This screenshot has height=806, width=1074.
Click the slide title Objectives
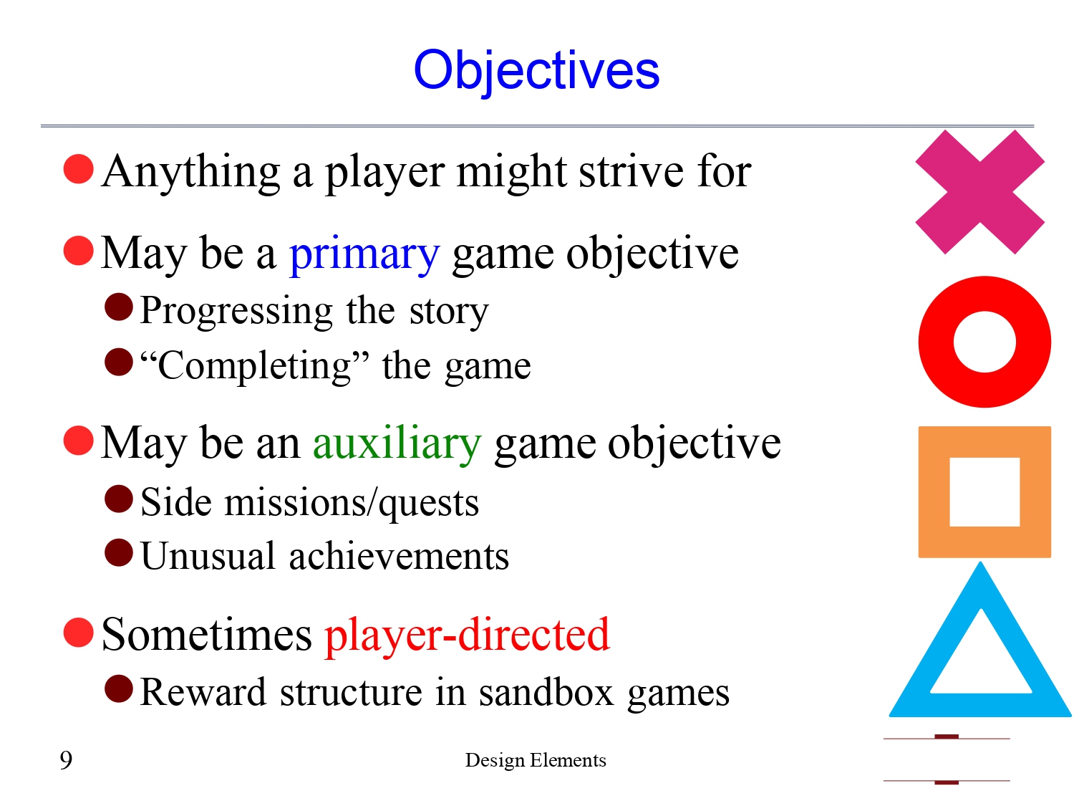(x=536, y=70)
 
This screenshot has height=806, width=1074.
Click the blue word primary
(x=364, y=254)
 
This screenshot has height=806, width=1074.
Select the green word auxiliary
(x=397, y=443)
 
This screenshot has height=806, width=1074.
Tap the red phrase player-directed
(x=467, y=635)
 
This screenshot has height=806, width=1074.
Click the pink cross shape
(x=979, y=192)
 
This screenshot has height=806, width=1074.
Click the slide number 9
(x=66, y=759)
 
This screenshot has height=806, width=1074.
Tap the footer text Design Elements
(x=536, y=760)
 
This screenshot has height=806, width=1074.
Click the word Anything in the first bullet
(x=191, y=172)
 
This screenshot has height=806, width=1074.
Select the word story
(x=449, y=311)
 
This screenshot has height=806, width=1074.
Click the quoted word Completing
(x=255, y=365)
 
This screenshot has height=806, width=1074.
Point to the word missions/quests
(x=352, y=502)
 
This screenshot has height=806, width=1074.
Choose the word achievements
(x=399, y=557)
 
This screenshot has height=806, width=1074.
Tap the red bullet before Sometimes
(x=79, y=633)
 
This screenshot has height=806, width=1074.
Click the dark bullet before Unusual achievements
(x=119, y=553)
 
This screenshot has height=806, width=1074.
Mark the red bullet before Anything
(x=79, y=169)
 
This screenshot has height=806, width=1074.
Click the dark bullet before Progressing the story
(x=119, y=307)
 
